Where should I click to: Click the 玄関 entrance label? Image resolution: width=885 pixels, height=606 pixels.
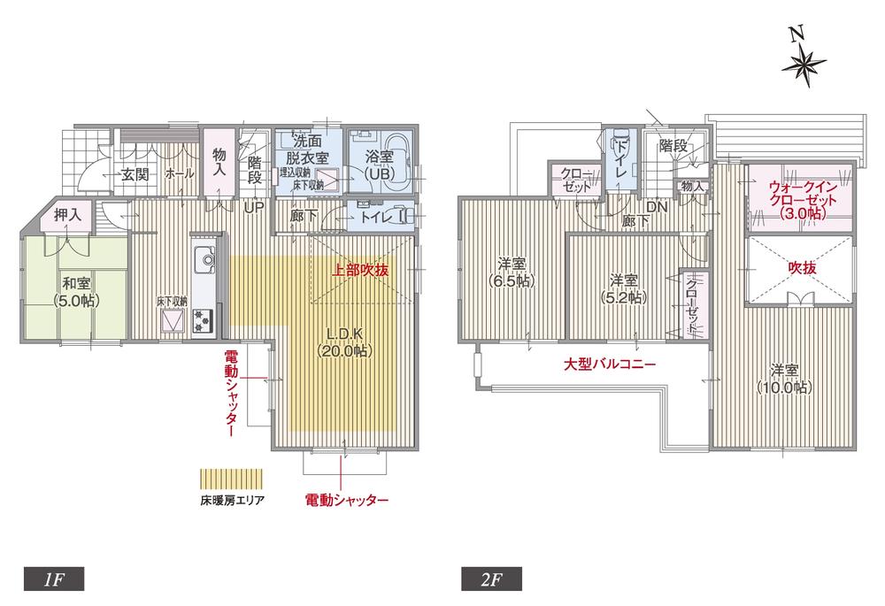[x=135, y=174]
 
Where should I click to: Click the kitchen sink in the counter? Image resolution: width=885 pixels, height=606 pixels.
[x=204, y=260]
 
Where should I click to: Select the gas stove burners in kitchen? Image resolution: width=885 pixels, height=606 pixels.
[x=203, y=319]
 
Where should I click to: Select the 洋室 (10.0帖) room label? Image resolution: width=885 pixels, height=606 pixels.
[x=783, y=378]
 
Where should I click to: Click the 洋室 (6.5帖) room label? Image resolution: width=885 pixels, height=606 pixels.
[x=512, y=272]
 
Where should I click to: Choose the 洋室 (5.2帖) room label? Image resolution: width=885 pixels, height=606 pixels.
[x=626, y=289]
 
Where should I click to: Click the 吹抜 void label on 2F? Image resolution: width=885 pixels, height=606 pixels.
[x=802, y=265]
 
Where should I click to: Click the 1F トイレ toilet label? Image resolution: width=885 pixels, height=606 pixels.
[x=377, y=215]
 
